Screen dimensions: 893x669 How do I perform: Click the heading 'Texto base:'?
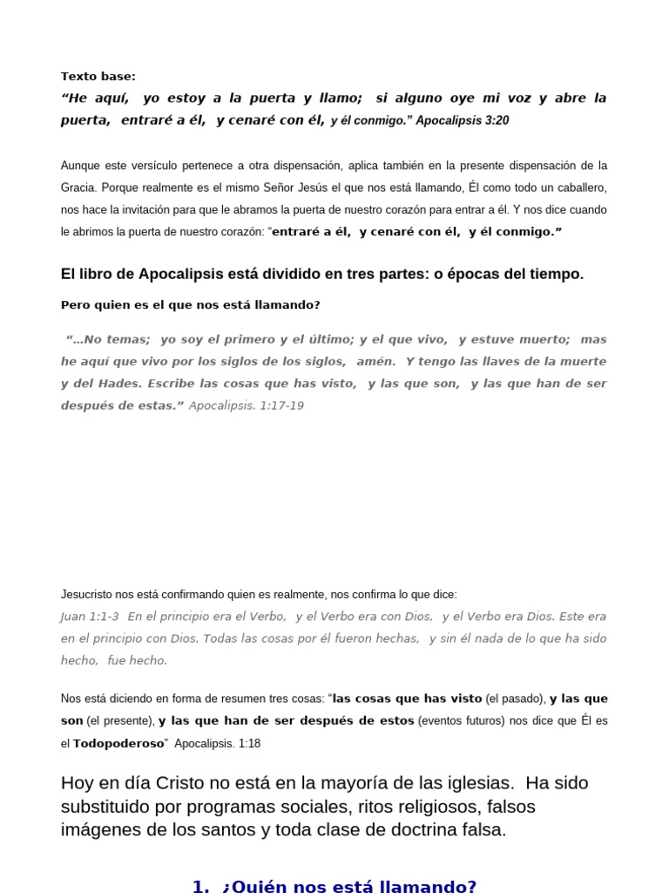(x=98, y=77)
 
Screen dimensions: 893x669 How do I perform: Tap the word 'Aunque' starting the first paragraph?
(x=80, y=166)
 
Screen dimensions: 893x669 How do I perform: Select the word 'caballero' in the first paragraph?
(x=578, y=187)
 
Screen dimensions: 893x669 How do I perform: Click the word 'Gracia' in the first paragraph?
(x=78, y=187)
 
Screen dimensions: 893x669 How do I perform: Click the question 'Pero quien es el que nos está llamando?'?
(x=190, y=305)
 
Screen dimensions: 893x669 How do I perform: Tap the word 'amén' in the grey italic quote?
(x=375, y=361)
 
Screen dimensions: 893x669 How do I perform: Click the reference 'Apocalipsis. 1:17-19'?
(x=246, y=406)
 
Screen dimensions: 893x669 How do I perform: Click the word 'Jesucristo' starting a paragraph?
(x=90, y=595)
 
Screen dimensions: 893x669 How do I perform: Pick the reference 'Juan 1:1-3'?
(x=90, y=617)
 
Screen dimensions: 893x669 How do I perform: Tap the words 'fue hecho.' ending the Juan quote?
(x=137, y=660)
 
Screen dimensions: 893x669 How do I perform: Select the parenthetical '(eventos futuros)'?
(x=461, y=721)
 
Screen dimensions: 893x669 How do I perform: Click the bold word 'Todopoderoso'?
(x=118, y=744)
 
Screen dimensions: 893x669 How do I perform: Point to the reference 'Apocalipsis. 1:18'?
(x=217, y=744)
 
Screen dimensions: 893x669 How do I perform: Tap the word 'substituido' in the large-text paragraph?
(x=105, y=806)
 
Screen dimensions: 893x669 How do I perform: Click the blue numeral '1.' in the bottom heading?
(x=201, y=886)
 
